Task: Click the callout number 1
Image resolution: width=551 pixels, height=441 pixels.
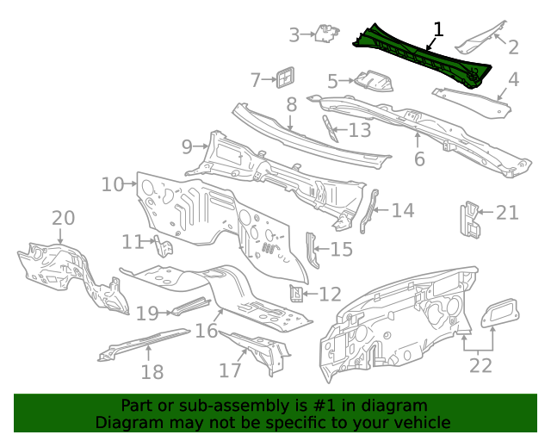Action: (x=438, y=29)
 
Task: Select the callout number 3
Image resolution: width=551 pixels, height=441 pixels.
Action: (x=294, y=35)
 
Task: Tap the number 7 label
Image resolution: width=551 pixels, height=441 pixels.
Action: (x=256, y=80)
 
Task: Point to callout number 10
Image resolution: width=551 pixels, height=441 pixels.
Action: (x=113, y=184)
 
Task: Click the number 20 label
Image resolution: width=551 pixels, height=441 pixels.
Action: (x=64, y=219)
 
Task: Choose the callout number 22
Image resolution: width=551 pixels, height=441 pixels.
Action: (x=480, y=365)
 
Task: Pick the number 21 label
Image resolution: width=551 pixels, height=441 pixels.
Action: (x=508, y=213)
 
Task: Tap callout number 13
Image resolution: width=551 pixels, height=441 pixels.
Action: (x=359, y=130)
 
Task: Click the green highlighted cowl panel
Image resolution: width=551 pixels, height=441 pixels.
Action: (x=422, y=55)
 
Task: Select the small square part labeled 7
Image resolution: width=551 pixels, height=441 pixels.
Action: (x=285, y=77)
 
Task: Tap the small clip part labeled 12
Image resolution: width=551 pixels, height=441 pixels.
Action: (x=296, y=294)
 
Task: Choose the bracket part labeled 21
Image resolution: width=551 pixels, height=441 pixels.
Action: (x=470, y=220)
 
